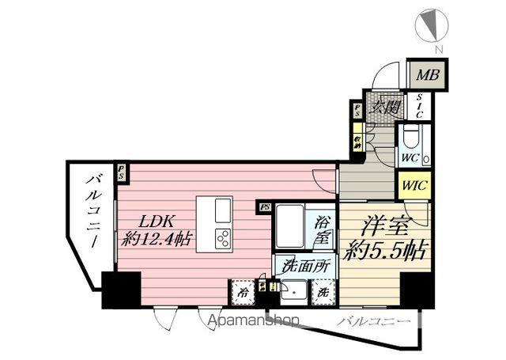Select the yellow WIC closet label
point(413,186)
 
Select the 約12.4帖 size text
point(157,239)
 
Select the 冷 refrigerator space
point(244,293)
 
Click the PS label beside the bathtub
point(264,207)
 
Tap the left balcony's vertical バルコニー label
point(90,214)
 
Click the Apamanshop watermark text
point(255,320)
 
